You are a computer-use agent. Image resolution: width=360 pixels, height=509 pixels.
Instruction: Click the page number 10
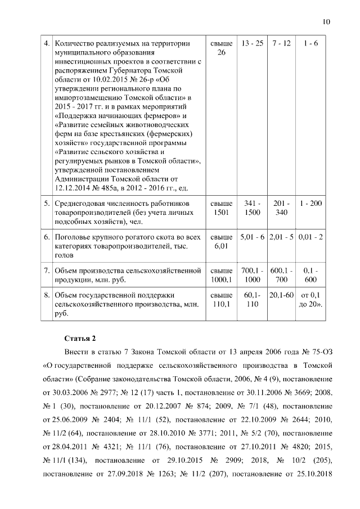click(x=326, y=22)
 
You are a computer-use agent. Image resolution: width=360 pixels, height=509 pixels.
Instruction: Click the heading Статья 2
click(x=80, y=338)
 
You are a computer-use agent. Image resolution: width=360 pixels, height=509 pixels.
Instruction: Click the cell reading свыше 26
click(x=221, y=48)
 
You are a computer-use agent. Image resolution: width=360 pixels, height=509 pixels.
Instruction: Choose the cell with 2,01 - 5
click(x=282, y=237)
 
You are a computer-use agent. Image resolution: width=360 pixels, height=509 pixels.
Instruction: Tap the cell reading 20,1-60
click(x=281, y=295)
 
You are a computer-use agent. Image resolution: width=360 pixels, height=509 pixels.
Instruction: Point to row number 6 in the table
click(x=47, y=237)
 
